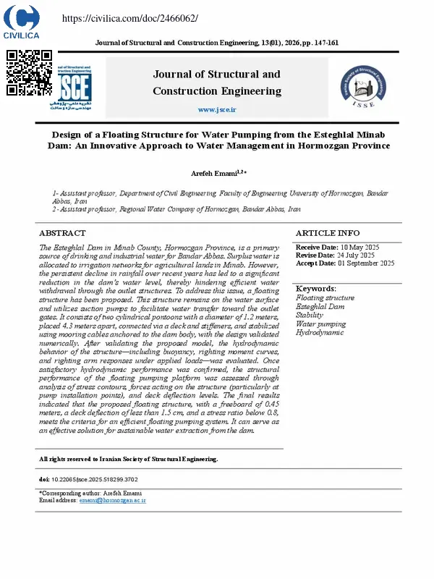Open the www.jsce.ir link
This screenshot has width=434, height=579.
[x=217, y=109]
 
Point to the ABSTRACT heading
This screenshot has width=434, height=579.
[x=62, y=233]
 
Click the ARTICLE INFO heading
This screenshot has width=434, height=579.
[x=328, y=233]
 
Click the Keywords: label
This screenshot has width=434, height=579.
[x=317, y=289]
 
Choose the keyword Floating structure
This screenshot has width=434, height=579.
[x=325, y=298]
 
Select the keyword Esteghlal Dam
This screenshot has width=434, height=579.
[x=320, y=307]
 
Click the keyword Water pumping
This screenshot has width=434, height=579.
[x=321, y=324]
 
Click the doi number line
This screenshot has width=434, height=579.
[x=88, y=479]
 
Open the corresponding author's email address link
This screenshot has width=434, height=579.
[x=113, y=500]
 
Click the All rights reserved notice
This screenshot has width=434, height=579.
[x=128, y=459]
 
